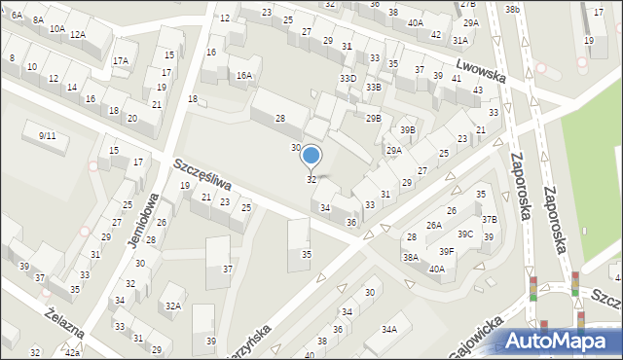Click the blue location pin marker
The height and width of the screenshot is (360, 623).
click(311, 156)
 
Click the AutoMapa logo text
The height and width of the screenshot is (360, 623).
click(563, 342)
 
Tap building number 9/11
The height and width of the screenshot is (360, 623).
click(47, 135)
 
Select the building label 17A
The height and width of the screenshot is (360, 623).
click(120, 60)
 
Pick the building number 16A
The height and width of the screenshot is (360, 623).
click(244, 75)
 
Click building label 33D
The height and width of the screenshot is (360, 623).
click(348, 78)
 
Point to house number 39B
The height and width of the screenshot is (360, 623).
click(407, 129)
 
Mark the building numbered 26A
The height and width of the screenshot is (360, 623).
click(434, 225)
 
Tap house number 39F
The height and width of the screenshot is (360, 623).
click(446, 251)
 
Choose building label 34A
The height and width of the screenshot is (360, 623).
click(388, 330)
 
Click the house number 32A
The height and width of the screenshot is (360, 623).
click(172, 305)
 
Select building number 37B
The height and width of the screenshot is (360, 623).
click(489, 220)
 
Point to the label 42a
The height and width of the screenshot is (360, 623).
click(72, 353)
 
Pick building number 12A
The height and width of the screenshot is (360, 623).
click(77, 35)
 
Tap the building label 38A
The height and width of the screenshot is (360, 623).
click(411, 257)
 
